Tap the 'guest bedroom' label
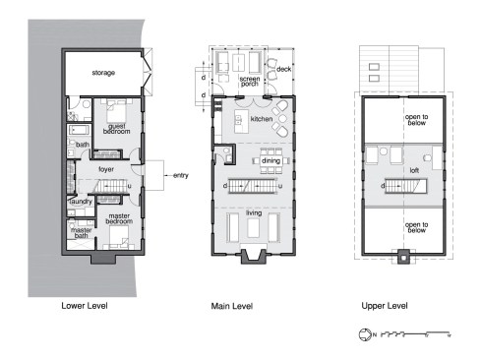(113, 129)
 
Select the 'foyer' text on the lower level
(106, 168)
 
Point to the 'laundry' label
(80, 201)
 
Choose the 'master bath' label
(81, 233)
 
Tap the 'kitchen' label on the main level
(261, 119)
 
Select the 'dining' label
(271, 160)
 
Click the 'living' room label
(254, 211)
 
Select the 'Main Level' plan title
(232, 307)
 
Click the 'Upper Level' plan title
(385, 307)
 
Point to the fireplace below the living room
(254, 257)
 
